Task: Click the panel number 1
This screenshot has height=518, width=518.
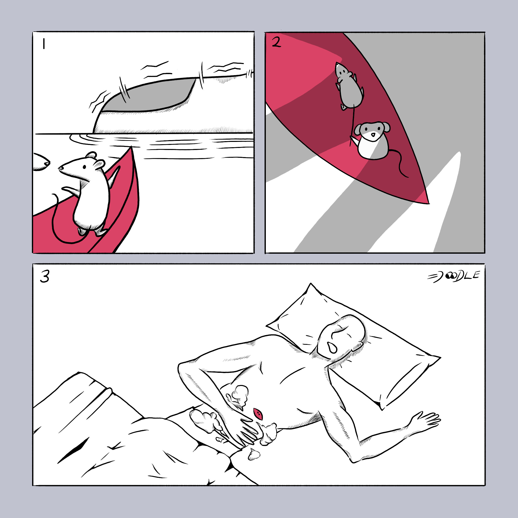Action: point(44,44)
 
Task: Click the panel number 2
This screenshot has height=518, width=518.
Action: point(276,42)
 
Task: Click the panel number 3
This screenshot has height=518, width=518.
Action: point(45,276)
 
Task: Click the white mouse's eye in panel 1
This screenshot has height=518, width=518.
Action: point(84,167)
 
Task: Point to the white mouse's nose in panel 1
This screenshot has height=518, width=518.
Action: point(60,168)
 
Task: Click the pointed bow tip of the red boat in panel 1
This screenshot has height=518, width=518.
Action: point(131,147)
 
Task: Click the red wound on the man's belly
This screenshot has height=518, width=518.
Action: point(258,414)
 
